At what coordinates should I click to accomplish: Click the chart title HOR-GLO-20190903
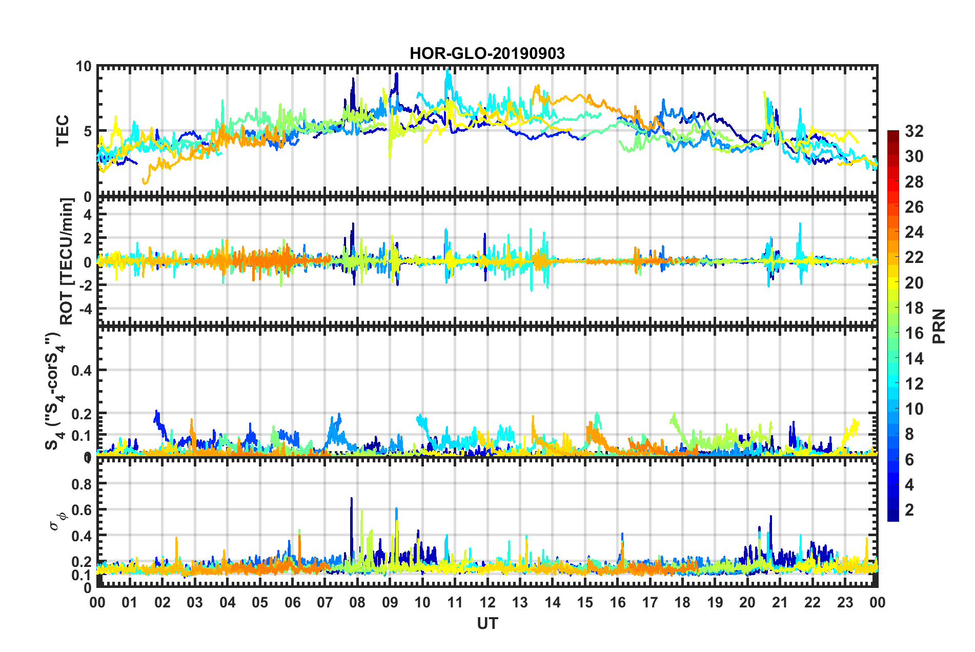pos(487,53)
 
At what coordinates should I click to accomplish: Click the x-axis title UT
pos(487,623)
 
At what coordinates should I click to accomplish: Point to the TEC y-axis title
pos(62,131)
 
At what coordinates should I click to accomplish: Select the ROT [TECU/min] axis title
pos(67,261)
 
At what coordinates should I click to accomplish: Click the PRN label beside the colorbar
pos(939,326)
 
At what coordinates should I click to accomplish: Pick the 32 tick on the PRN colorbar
pos(913,131)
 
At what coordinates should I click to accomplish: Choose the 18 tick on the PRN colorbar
pos(913,308)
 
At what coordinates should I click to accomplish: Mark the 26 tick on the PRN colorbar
pos(913,207)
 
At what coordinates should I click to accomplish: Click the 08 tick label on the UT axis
pos(357,602)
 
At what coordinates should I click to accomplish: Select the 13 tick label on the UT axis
pos(520,602)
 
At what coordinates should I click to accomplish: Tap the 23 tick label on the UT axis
pos(845,602)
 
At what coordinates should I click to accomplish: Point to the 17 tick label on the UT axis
pos(650,602)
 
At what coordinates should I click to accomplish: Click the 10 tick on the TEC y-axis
pos(84,66)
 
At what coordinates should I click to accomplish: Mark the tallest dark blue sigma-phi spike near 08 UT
pos(351,498)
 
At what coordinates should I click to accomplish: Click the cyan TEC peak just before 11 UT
pos(448,70)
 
